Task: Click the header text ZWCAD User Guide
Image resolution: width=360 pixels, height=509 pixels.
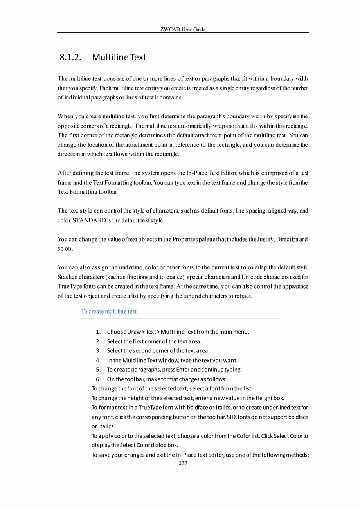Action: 183,30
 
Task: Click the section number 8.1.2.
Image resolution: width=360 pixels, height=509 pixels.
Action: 70,58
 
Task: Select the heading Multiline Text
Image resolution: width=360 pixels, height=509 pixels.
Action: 119,58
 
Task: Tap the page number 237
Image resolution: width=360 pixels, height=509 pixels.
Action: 183,463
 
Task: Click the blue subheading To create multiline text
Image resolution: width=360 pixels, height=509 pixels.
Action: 108,312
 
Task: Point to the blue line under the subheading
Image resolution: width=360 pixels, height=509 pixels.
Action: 180,319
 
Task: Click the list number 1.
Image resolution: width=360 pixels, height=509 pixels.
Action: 98,332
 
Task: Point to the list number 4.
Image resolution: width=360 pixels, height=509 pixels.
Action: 98,360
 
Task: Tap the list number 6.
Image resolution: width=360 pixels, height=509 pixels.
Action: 98,379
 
